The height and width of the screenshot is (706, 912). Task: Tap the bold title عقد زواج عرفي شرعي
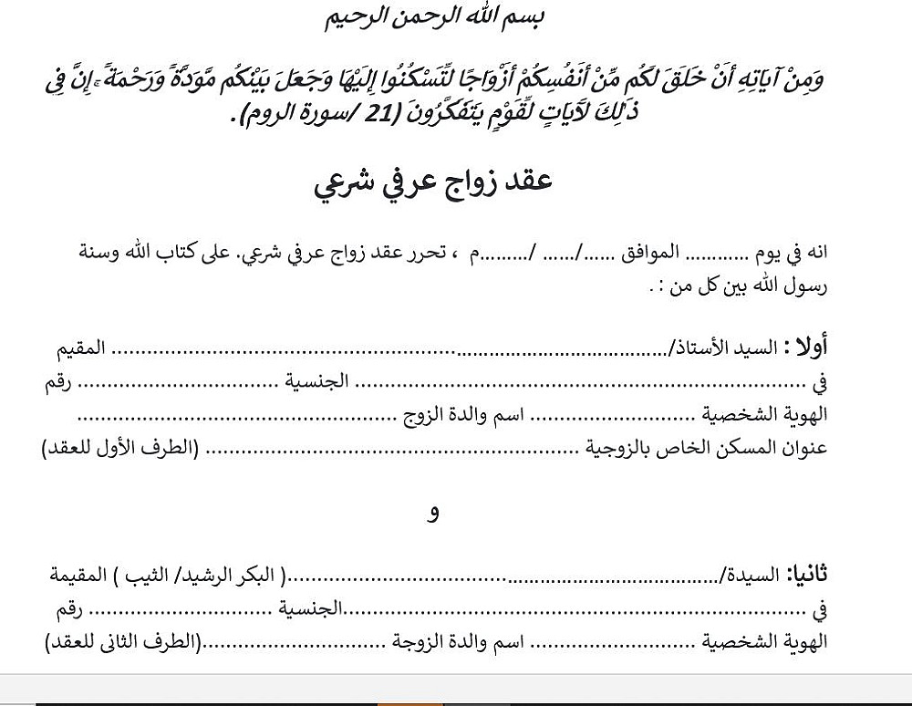434,182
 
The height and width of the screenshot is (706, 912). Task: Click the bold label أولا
809,348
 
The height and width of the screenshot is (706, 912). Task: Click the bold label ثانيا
808,576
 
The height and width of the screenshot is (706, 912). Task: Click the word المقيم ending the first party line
77,348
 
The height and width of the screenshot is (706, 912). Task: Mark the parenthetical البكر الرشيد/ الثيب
209,576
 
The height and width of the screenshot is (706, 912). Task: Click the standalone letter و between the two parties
433,514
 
